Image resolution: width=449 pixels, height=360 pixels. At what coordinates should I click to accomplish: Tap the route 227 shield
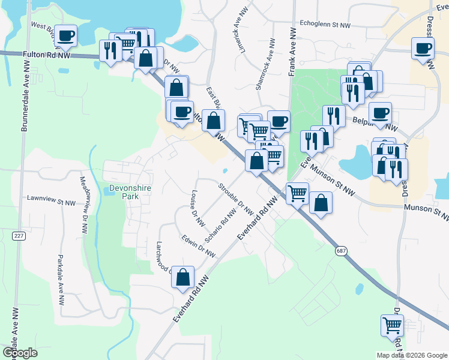coord(19,236)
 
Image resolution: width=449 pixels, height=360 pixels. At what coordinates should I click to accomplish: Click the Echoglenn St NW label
coord(324,25)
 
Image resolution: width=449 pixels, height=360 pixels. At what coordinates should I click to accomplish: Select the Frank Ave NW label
coord(292,51)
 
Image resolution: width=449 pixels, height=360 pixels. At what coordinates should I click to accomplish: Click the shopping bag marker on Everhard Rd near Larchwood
coord(183,277)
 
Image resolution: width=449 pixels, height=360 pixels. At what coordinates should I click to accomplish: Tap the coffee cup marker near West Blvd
coord(66,35)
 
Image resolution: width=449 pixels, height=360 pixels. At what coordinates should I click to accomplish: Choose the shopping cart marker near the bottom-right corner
coord(392,326)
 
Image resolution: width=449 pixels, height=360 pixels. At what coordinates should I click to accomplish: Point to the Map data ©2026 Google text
coord(411,355)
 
